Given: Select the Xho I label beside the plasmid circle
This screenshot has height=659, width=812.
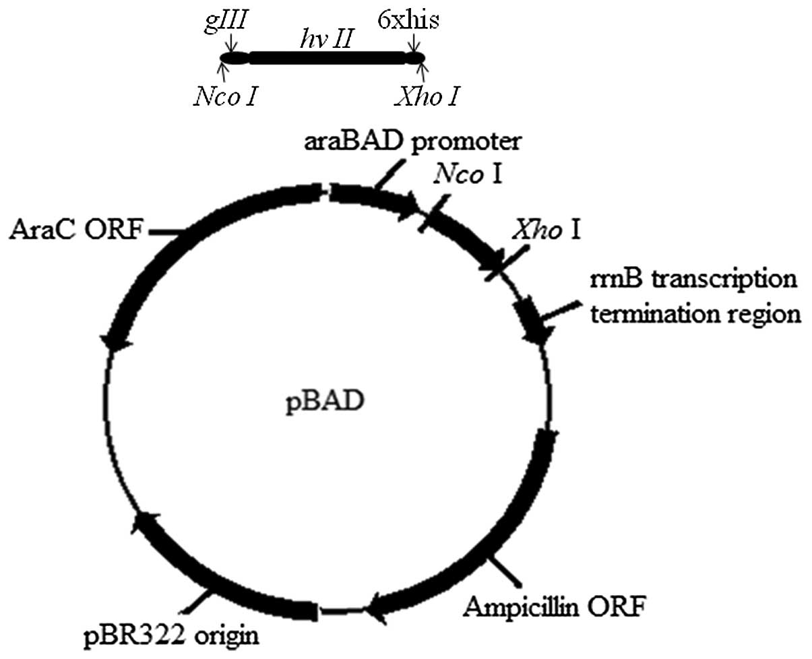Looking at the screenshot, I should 546,230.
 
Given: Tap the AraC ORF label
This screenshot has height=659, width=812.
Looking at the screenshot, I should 75,230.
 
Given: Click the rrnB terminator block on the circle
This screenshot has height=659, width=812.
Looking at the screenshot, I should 530,315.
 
